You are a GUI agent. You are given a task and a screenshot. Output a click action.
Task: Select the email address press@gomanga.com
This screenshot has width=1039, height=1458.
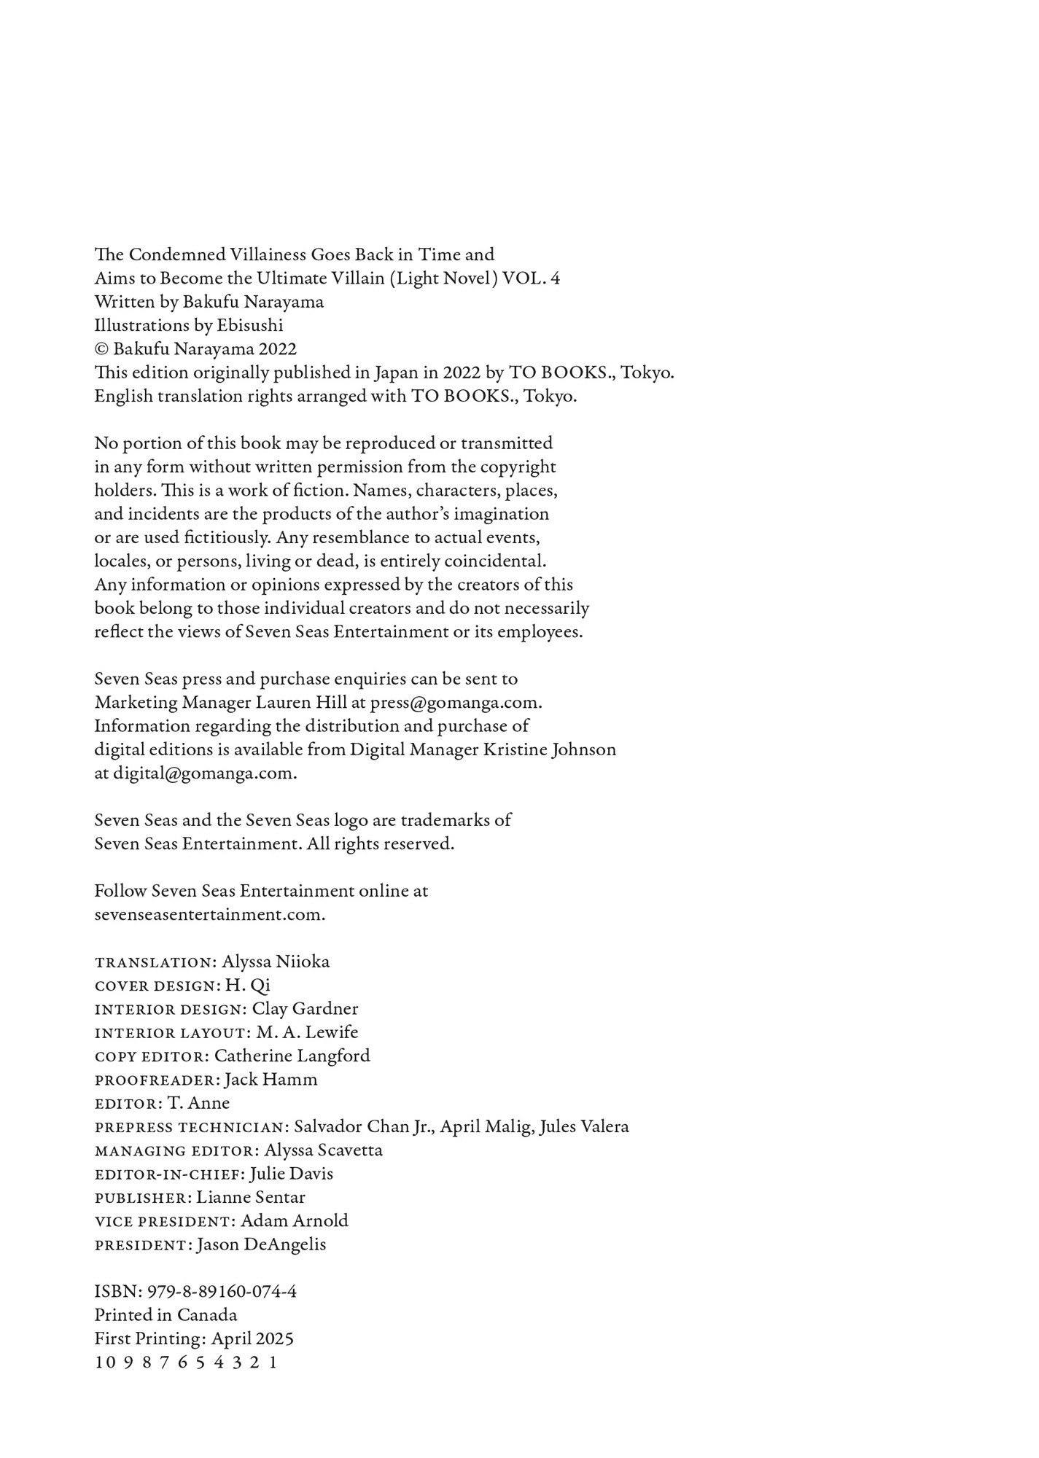455,703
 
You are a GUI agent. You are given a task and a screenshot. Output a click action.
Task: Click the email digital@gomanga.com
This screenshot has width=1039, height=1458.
203,773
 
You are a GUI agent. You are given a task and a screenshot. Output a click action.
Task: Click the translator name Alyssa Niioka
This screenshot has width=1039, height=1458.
276,962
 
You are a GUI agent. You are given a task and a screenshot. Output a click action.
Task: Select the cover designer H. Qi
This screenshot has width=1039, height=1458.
247,985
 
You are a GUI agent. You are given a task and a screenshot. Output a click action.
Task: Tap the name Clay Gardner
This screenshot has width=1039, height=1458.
305,1009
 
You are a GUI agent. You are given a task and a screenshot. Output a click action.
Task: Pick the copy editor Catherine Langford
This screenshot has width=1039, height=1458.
292,1056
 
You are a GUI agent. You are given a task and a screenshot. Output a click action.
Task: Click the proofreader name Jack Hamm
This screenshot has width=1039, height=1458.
271,1080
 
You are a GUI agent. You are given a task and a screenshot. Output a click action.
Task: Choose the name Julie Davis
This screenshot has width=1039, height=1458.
291,1174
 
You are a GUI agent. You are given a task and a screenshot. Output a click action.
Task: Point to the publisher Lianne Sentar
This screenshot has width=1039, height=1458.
251,1197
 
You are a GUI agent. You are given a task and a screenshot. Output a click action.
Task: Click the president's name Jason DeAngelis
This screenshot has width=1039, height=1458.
261,1244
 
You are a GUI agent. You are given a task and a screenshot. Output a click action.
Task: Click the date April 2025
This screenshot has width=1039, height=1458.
252,1338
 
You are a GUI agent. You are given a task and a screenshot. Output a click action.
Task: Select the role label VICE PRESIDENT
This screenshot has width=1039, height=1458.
162,1221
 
